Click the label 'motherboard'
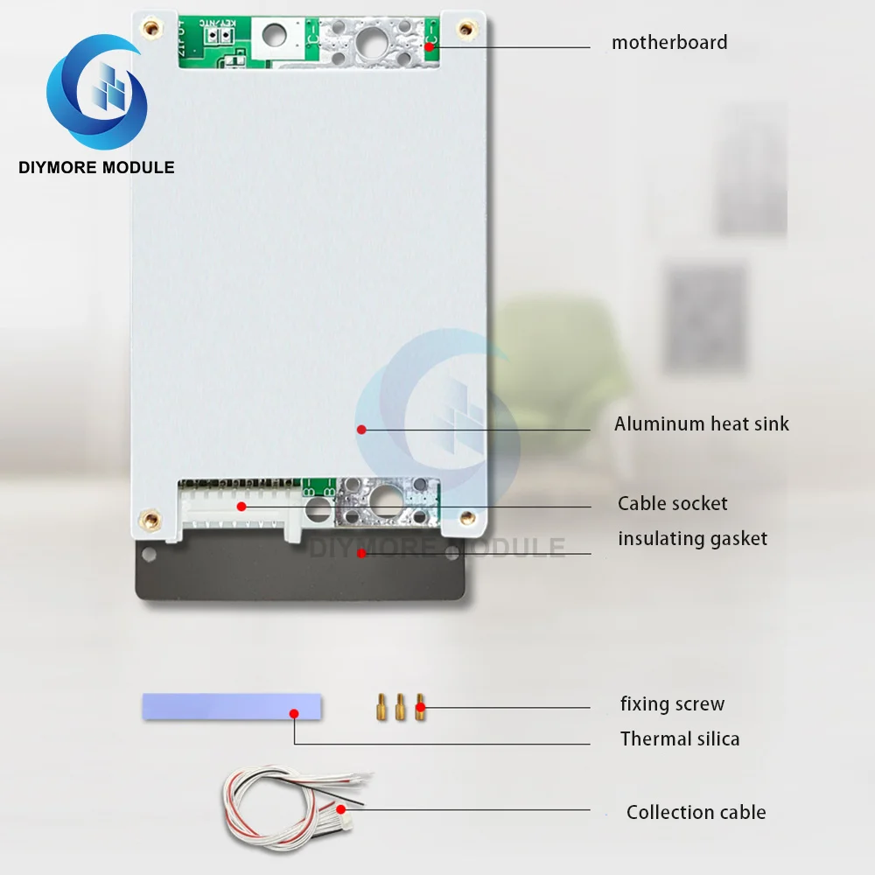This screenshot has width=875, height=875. point(669,42)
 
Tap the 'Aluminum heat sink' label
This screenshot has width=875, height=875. point(701,424)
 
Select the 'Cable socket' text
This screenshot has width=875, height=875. point(672,503)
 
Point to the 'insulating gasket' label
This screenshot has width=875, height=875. point(692,538)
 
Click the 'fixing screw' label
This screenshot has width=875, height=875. point(672,703)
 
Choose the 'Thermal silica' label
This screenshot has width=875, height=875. point(680,738)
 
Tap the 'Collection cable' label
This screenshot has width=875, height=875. point(696,812)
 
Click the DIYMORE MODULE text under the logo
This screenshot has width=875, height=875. point(96,167)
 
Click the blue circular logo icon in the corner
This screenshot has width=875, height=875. point(96,92)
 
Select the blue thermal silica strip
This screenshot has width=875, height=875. point(231,706)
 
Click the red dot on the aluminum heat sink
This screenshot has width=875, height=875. point(360,429)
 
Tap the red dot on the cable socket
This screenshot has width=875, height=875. point(241,506)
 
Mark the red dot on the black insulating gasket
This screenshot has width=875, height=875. point(360,552)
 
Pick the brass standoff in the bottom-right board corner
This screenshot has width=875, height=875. point(465,516)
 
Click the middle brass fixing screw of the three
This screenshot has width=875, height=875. point(401,706)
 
